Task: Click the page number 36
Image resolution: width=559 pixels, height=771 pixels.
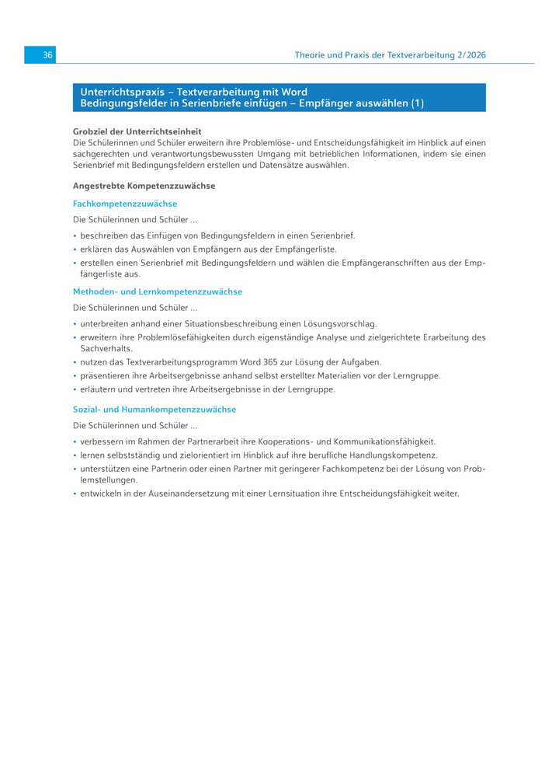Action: tap(47, 55)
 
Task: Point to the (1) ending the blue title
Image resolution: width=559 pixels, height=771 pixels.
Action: tap(417, 103)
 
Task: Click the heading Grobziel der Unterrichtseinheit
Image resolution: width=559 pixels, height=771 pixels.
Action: tap(137, 131)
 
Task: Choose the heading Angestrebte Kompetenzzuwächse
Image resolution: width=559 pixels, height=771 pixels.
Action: tap(144, 186)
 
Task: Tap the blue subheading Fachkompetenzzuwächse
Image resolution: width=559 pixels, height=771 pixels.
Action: tap(125, 204)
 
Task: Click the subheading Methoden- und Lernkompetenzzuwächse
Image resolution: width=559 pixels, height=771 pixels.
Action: tap(158, 291)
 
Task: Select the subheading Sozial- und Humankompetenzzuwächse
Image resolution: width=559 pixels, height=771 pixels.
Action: tap(155, 409)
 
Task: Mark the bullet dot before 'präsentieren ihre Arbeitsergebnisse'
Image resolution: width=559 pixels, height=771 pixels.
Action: tap(75, 376)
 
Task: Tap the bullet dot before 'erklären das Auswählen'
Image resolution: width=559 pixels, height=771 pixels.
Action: tap(75, 249)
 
